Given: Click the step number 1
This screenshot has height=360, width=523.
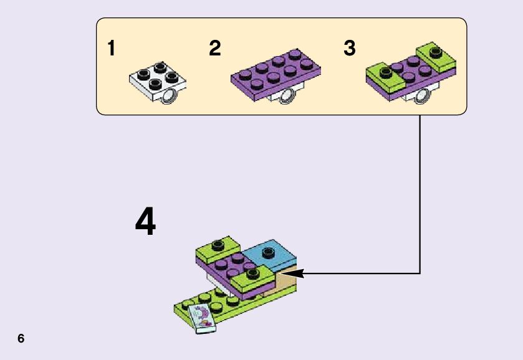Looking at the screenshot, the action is pos(112,48).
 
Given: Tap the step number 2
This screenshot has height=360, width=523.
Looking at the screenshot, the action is pos(215,48).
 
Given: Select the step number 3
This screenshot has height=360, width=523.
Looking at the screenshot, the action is pos(349,48).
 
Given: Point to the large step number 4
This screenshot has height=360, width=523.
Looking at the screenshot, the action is pos(145,222).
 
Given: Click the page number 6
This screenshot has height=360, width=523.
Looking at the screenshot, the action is pos(21,339).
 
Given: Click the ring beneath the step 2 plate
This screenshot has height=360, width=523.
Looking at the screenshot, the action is pos(287,95).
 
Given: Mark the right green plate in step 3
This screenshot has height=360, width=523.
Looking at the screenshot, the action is pos(436,57).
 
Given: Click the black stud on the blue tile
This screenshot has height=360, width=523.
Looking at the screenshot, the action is pos(269,252).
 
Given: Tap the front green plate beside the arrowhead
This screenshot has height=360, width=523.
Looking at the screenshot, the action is pos(252,280).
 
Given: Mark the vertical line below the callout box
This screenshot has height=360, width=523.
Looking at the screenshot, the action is pos(420,193).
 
